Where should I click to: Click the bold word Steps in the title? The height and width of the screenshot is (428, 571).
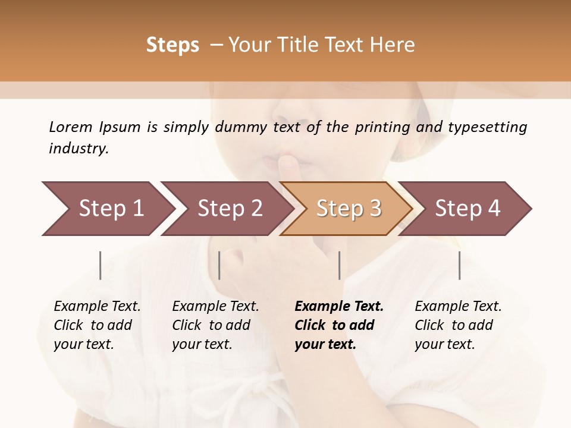click(172, 45)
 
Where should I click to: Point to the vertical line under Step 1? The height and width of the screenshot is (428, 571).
click(101, 265)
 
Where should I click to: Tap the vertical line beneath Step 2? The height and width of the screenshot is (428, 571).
click(219, 265)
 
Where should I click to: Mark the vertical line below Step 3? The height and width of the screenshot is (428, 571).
click(339, 265)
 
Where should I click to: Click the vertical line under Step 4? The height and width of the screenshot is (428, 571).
click(459, 265)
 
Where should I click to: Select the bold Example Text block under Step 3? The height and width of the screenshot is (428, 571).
click(338, 325)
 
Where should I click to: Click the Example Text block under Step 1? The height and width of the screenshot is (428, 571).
click(97, 325)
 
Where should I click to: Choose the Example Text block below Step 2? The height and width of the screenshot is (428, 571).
click(215, 325)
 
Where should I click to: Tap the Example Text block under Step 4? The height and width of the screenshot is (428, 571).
click(457, 325)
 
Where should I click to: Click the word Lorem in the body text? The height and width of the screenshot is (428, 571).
click(70, 127)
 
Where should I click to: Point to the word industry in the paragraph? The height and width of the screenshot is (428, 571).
click(79, 149)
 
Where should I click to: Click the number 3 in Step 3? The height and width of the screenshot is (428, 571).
click(374, 209)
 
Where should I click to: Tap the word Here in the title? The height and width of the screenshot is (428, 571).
click(396, 45)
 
